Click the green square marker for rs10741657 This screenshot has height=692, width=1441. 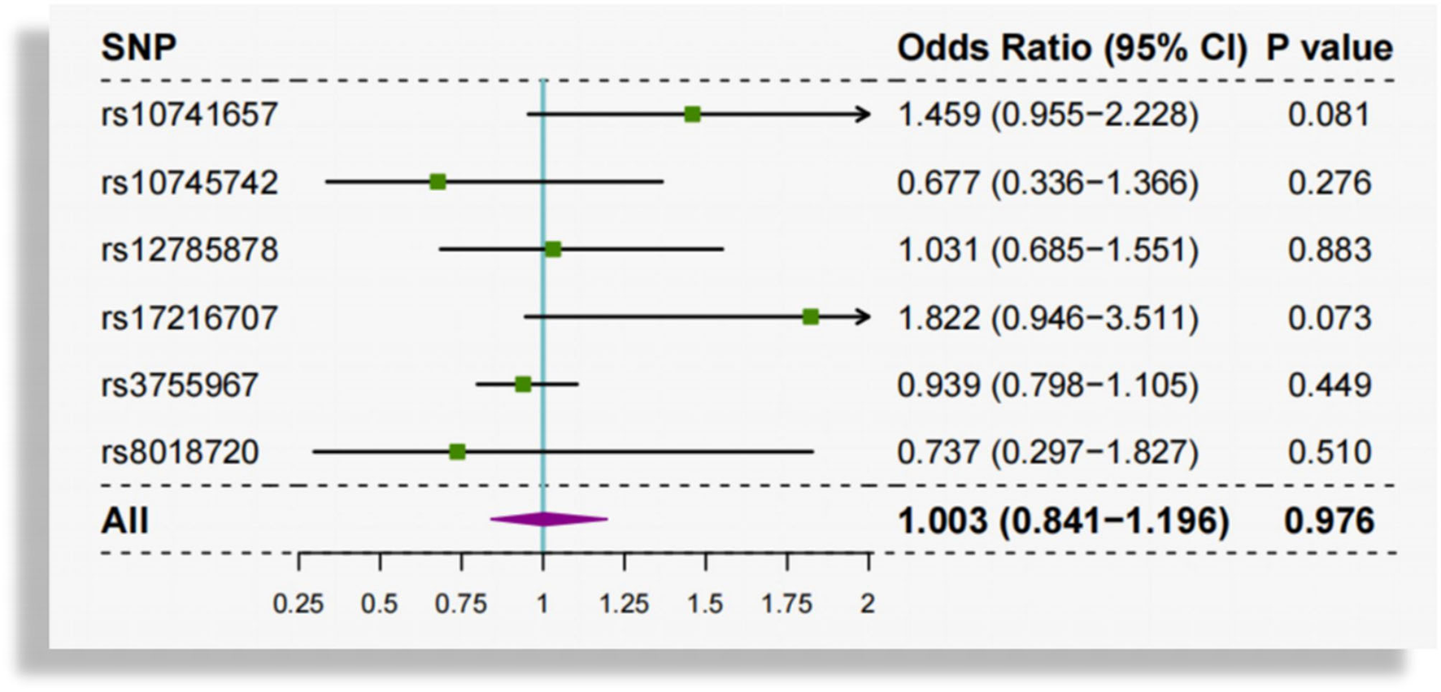[692, 115]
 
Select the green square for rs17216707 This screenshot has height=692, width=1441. [811, 316]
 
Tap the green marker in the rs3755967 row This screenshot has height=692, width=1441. [523, 384]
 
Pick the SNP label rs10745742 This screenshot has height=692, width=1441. [189, 182]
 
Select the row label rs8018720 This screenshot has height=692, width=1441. [180, 452]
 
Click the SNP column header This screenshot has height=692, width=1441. [138, 47]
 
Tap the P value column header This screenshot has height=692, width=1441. [1329, 47]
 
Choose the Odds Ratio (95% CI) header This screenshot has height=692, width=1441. [1071, 47]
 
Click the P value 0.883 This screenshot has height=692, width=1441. [1329, 250]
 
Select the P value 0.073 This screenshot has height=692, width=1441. [1329, 317]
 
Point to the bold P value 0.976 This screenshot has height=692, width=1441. [1329, 520]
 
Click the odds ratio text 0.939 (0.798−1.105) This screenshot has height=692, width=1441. [1047, 385]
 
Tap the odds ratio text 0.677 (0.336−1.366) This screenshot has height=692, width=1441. [1047, 182]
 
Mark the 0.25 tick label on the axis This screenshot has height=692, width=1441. [298, 604]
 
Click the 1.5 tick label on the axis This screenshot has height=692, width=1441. [705, 604]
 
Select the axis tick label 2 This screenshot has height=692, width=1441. [869, 604]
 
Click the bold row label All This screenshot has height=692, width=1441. [124, 520]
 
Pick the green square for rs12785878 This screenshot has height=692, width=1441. [552, 249]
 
